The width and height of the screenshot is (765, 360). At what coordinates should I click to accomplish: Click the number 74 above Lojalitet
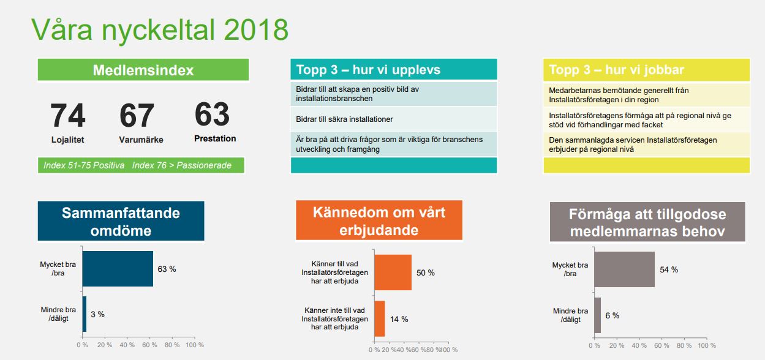(68, 116)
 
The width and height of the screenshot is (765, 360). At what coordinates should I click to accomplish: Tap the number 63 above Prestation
(213, 114)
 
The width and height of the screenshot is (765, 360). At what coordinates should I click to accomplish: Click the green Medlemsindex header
(143, 70)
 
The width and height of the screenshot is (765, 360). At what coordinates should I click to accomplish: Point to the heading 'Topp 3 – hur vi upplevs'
(368, 70)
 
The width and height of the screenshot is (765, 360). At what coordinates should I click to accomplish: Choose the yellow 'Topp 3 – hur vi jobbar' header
(617, 70)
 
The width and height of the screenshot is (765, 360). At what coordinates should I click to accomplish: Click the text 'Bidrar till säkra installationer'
(344, 119)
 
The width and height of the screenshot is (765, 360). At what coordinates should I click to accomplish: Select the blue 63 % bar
(118, 269)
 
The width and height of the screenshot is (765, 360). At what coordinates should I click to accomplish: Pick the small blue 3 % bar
(85, 314)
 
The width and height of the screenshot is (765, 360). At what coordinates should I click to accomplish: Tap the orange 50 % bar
(393, 272)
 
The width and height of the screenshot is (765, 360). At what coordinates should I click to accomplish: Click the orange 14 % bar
(380, 318)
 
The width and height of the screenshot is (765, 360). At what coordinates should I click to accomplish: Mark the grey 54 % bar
(624, 269)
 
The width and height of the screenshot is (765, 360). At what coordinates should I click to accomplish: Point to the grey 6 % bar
(597, 315)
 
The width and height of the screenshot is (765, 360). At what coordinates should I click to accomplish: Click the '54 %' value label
(669, 270)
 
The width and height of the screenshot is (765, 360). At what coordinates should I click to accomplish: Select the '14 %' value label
(399, 319)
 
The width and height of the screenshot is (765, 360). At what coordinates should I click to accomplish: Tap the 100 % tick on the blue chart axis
(194, 345)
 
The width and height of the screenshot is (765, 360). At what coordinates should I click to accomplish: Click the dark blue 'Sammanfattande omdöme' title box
(121, 221)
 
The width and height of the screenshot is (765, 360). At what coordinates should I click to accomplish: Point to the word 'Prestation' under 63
(215, 139)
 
